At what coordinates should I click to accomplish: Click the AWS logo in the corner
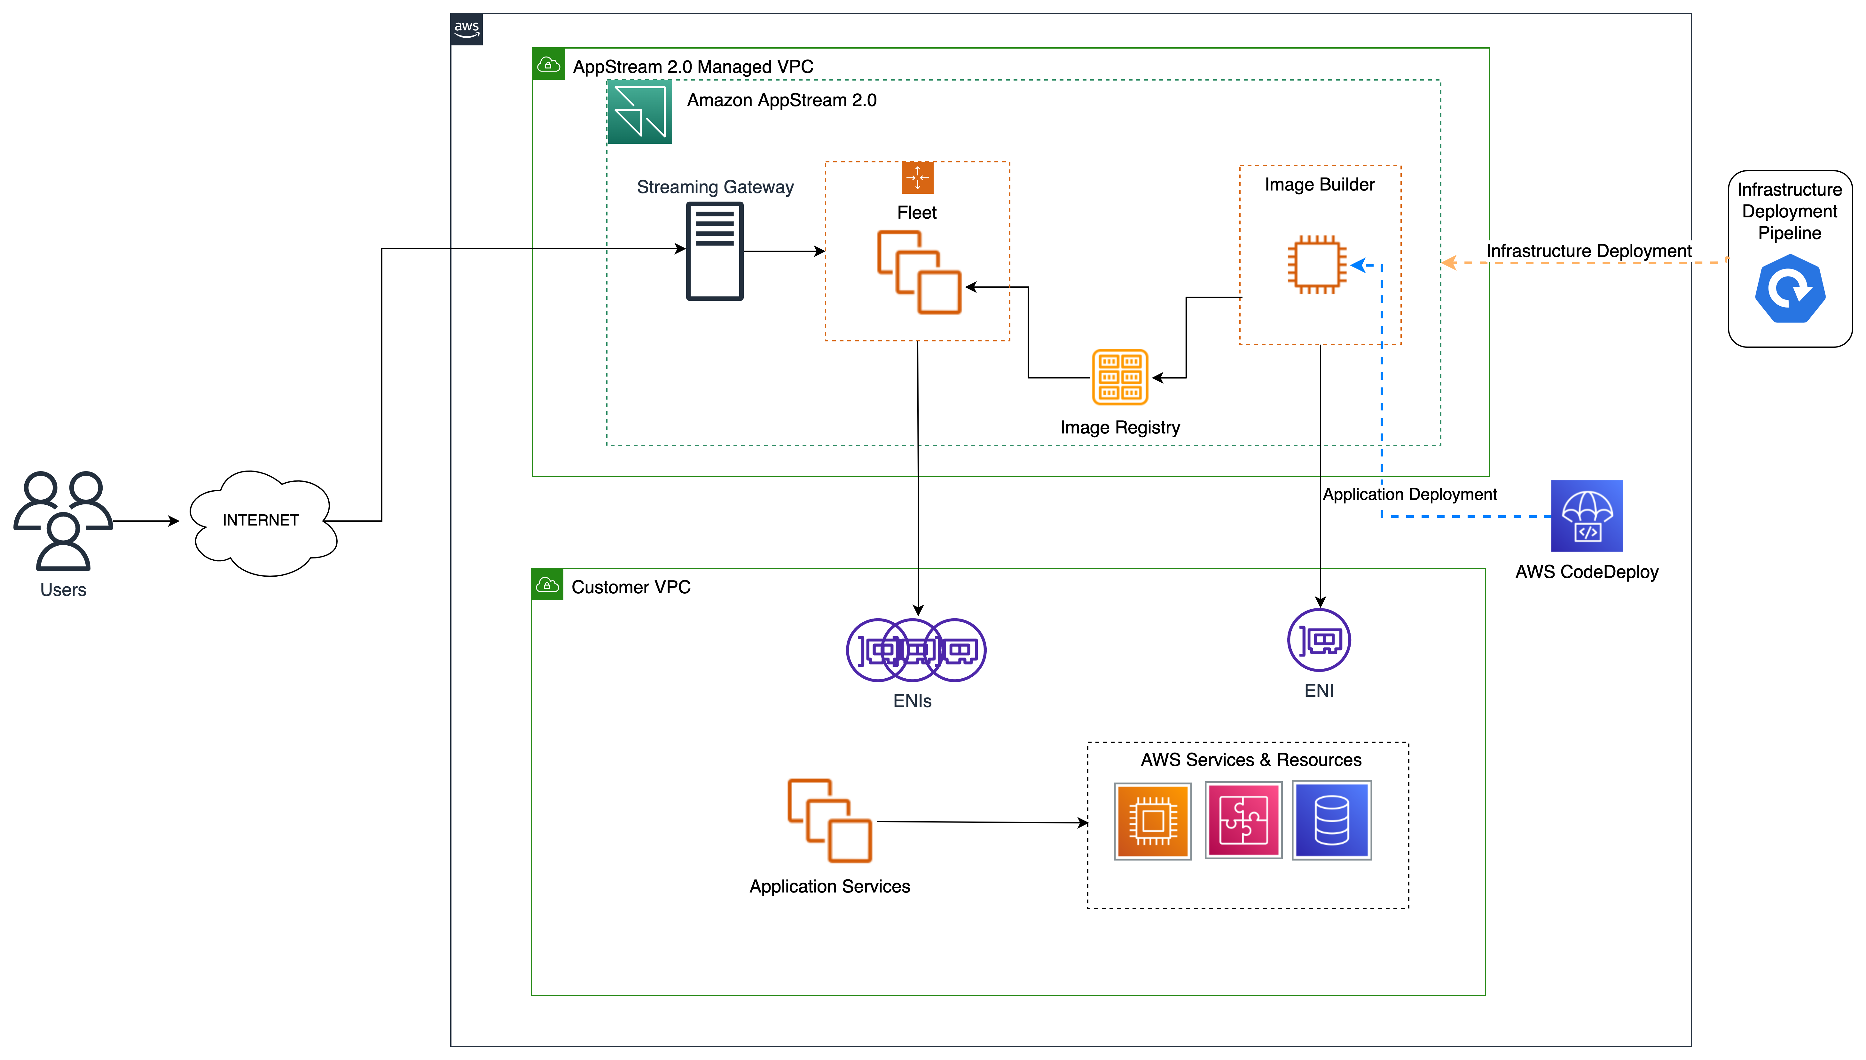pyautogui.click(x=466, y=29)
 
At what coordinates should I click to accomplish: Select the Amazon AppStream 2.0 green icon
pyautogui.click(x=639, y=112)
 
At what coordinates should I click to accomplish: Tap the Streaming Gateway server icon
pyautogui.click(x=714, y=251)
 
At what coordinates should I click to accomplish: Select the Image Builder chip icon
pyautogui.click(x=1316, y=264)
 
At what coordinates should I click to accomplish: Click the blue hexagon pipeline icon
pyautogui.click(x=1790, y=289)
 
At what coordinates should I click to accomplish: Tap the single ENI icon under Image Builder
pyautogui.click(x=1319, y=640)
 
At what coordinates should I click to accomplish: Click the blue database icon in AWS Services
pyautogui.click(x=1331, y=821)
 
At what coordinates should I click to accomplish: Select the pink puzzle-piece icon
pyautogui.click(x=1243, y=821)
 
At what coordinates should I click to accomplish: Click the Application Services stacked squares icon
pyautogui.click(x=829, y=821)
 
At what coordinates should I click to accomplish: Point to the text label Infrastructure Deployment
pyautogui.click(x=1588, y=251)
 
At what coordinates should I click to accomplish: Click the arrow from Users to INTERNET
pyautogui.click(x=145, y=521)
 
